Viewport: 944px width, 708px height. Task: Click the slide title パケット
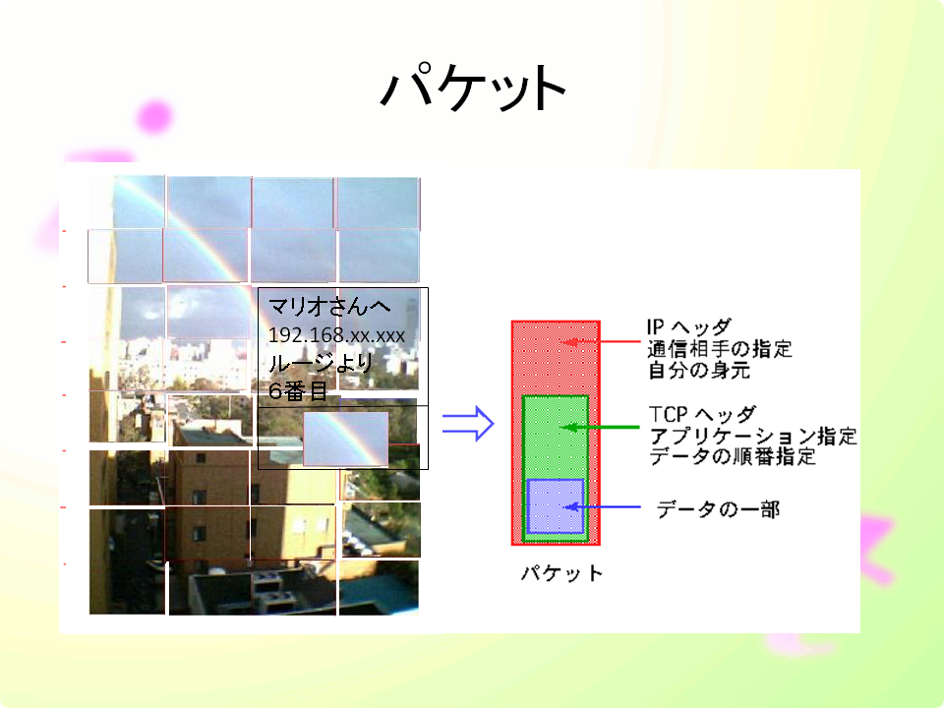[473, 88]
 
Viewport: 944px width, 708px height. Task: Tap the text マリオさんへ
[329, 307]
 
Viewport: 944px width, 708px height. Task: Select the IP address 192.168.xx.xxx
[336, 334]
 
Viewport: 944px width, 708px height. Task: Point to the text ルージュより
[321, 363]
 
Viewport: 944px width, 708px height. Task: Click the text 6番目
[297, 391]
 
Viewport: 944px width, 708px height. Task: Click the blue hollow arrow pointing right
[468, 423]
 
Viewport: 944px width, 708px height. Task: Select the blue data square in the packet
[556, 505]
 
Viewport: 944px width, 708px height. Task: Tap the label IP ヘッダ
[689, 326]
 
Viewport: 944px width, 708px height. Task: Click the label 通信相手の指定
[720, 348]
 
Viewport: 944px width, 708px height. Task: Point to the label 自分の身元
[699, 370]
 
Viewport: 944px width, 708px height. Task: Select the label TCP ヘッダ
[702, 414]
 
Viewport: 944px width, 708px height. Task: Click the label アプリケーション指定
[753, 436]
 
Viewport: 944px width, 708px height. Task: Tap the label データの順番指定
[733, 455]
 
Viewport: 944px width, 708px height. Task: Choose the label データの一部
[718, 509]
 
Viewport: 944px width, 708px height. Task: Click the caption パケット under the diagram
[561, 572]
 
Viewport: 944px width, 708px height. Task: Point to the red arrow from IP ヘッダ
[600, 341]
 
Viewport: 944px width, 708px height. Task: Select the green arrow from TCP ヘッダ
[600, 427]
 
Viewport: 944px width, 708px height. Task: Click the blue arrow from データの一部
[602, 507]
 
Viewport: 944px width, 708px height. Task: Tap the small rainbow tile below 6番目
[345, 439]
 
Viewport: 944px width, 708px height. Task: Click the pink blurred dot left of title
[154, 116]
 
